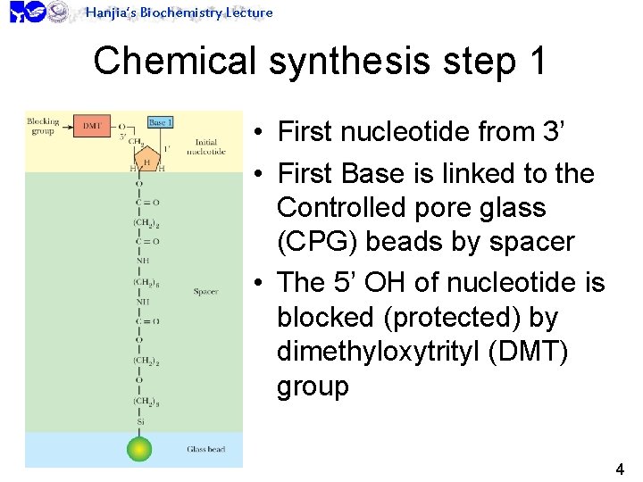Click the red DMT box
click(92, 127)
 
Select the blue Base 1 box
click(160, 122)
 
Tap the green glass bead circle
click(139, 448)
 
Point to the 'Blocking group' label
click(42, 126)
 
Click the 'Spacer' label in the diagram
click(205, 292)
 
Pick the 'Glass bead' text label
click(205, 449)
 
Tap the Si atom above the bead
click(140, 422)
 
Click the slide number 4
click(620, 469)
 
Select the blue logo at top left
click(27, 12)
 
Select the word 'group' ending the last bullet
click(313, 386)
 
